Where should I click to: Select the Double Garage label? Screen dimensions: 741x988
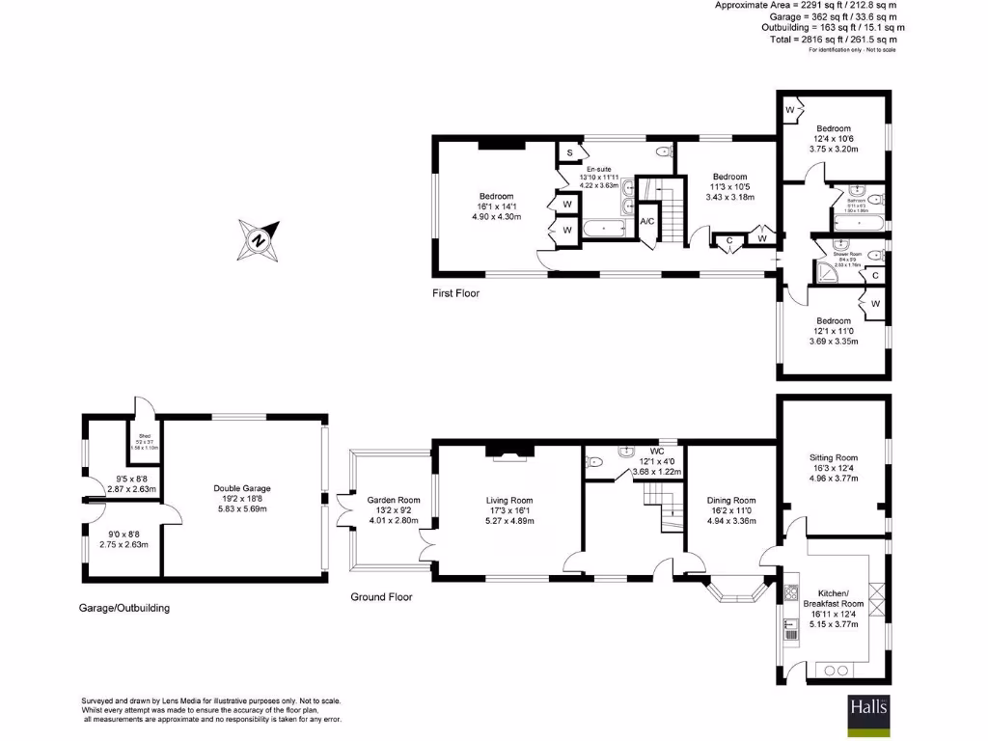[x=241, y=489]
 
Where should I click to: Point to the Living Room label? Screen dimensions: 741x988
[x=508, y=500]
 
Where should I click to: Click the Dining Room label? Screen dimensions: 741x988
[x=729, y=500]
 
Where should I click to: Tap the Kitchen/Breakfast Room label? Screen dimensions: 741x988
[x=833, y=597]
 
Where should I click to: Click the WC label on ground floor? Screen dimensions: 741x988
[x=657, y=451]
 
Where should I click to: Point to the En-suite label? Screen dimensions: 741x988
[x=598, y=169]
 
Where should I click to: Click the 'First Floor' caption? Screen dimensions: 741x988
[x=455, y=293]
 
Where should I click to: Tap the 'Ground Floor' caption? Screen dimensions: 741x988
[x=381, y=597]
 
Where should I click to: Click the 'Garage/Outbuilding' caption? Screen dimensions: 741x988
[x=124, y=609]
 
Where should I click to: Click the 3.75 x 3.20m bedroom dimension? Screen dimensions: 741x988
[x=834, y=151]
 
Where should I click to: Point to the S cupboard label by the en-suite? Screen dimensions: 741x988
[x=570, y=153]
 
